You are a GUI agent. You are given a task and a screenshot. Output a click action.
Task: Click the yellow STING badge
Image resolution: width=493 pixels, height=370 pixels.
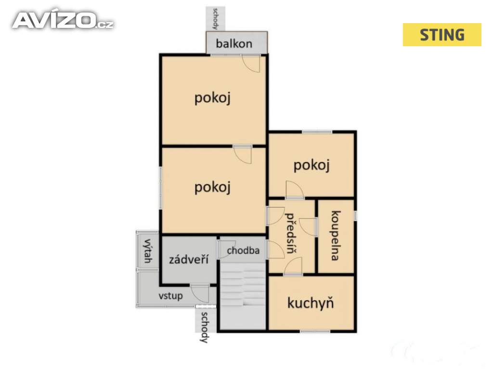click(442, 35)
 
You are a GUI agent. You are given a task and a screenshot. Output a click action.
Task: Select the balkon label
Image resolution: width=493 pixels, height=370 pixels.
click(234, 43)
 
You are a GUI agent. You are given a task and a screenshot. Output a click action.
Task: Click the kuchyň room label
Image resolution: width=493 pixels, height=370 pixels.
click(311, 303)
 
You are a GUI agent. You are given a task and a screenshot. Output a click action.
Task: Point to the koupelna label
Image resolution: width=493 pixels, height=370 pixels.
click(336, 236)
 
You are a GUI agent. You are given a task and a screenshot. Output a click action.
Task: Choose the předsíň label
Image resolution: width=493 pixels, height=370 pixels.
click(290, 233)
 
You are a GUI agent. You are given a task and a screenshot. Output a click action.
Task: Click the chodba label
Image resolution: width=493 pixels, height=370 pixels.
click(243, 251)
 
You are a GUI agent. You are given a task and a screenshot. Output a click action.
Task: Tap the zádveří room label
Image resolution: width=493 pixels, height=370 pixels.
click(189, 259)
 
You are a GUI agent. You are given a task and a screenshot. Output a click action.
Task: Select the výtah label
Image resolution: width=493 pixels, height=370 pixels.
click(147, 251)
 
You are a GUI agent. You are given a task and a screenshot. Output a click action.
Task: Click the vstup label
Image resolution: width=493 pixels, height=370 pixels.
click(170, 296)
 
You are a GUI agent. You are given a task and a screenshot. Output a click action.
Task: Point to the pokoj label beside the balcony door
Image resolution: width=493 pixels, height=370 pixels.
click(212, 98)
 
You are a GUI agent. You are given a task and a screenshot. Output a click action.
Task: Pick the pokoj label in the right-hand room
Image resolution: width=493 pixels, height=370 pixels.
click(311, 166)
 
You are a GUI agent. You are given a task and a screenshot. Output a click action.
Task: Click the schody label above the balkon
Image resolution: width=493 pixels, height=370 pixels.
click(215, 19)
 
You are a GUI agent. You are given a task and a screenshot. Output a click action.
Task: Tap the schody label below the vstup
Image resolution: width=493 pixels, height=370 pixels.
click(205, 327)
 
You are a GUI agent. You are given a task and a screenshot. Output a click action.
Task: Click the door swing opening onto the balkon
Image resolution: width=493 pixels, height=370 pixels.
click(251, 64)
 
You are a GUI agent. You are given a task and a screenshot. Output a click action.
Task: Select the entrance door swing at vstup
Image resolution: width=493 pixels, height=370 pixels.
click(200, 293)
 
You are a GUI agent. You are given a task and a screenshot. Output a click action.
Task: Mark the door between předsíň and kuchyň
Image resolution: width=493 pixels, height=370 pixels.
click(293, 266)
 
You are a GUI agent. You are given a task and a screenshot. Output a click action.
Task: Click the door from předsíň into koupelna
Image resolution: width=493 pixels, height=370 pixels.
click(308, 226)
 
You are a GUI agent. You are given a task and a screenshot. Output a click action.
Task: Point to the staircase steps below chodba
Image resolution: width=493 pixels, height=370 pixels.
click(243, 284)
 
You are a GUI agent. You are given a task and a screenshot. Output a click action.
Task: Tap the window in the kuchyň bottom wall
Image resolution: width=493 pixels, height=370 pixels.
click(315, 331)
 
